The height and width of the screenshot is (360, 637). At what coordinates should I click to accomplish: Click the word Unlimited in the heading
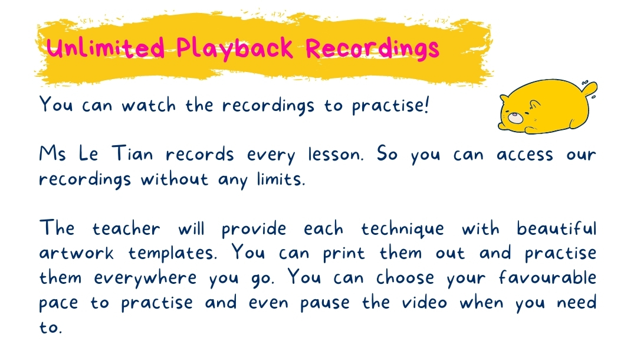[x=106, y=48]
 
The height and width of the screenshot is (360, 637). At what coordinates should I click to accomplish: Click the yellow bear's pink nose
[x=515, y=117]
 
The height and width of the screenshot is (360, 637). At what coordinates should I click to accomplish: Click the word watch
[x=149, y=105]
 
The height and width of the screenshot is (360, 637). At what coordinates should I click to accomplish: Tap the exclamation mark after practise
[x=426, y=105]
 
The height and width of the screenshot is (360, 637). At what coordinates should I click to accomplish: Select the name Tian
[x=133, y=153]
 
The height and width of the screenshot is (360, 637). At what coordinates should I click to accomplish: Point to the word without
[x=174, y=179]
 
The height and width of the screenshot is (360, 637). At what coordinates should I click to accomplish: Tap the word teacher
[x=126, y=228]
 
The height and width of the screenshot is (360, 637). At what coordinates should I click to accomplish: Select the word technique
[x=403, y=229]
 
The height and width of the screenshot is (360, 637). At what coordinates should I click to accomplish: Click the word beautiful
[x=557, y=228]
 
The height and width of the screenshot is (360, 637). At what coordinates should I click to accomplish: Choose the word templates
[x=173, y=254]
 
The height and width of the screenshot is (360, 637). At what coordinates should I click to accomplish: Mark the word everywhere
[x=146, y=279]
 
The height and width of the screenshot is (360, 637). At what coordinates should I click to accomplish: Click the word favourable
[x=547, y=277]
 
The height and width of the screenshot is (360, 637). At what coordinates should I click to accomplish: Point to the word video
[x=425, y=302]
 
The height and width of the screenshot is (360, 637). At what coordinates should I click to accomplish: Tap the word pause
[x=325, y=304]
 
